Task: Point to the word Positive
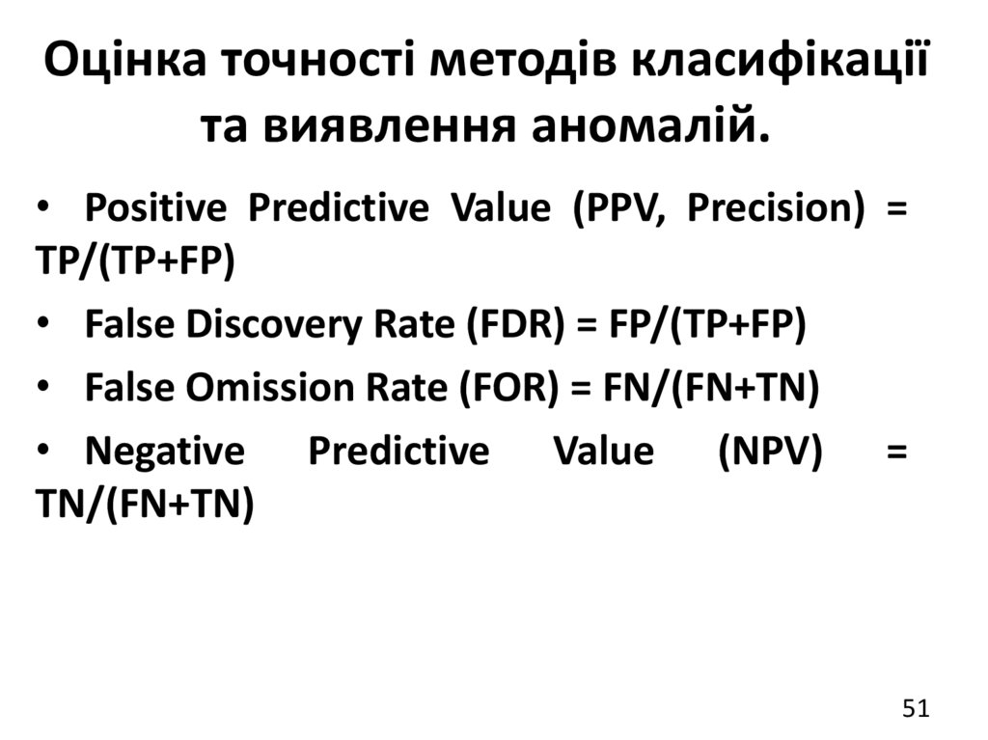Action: (x=155, y=208)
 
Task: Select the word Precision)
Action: (x=776, y=208)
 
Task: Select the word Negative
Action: (x=165, y=451)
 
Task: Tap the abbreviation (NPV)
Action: (x=770, y=451)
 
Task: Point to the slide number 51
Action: (x=915, y=709)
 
